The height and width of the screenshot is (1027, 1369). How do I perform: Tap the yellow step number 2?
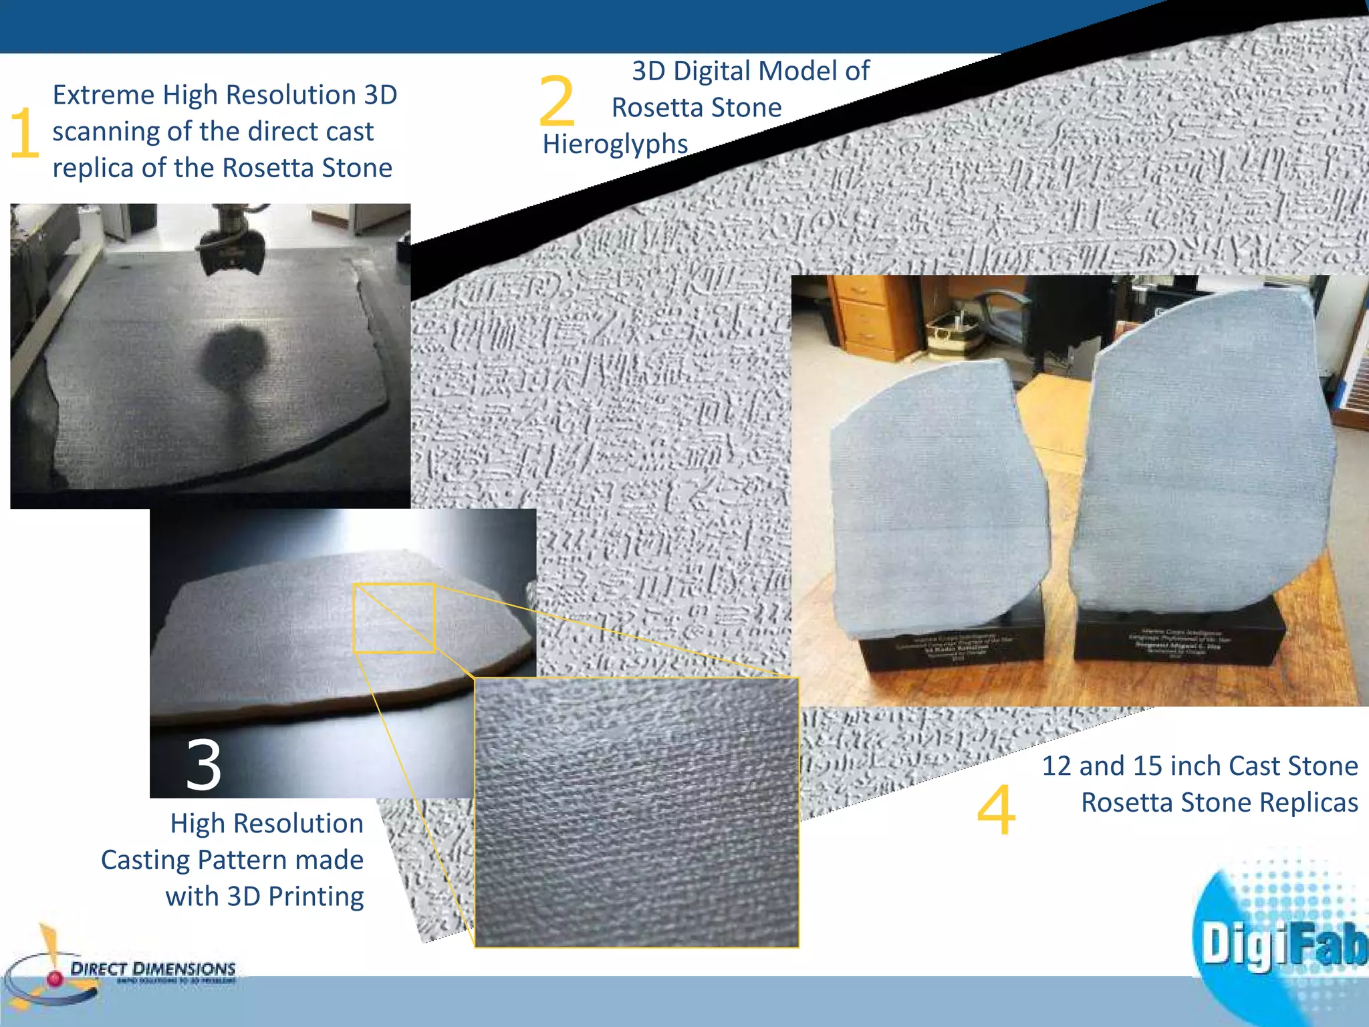(x=556, y=102)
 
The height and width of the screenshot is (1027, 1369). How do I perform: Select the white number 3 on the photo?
(x=203, y=765)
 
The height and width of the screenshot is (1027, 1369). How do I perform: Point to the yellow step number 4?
(x=996, y=810)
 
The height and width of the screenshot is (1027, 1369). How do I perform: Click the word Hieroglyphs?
(x=615, y=144)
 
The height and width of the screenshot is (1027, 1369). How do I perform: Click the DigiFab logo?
(x=1280, y=943)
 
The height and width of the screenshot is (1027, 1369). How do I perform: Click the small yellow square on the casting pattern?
(x=394, y=618)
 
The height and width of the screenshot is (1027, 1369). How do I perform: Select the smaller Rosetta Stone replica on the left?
(x=936, y=508)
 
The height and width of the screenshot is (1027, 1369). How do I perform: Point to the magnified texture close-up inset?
(x=636, y=812)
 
